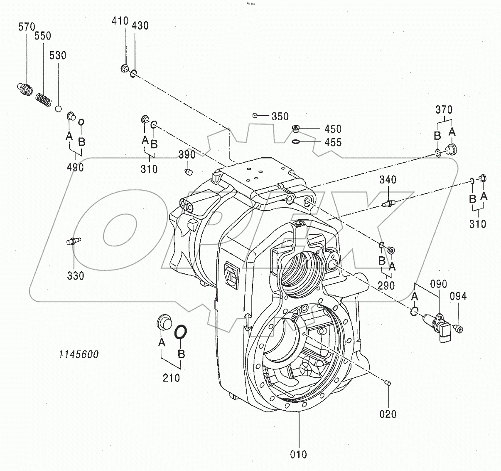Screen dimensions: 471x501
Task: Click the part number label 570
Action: tap(27, 27)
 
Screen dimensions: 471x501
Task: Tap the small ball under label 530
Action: tap(59, 109)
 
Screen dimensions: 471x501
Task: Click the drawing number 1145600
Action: tap(78, 354)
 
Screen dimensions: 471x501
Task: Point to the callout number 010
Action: tap(299, 454)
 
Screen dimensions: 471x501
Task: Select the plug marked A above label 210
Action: tap(163, 322)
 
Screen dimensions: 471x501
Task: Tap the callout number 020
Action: tap(388, 414)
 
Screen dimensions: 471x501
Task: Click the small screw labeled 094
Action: tap(459, 329)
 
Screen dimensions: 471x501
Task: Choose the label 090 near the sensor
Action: tap(438, 284)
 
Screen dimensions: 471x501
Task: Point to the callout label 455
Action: tap(333, 142)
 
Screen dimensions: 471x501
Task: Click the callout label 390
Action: tap(187, 155)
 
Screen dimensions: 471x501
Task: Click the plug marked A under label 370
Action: tap(451, 149)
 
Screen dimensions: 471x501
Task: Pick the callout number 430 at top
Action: tap(140, 25)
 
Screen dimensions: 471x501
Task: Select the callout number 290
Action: tap(386, 286)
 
